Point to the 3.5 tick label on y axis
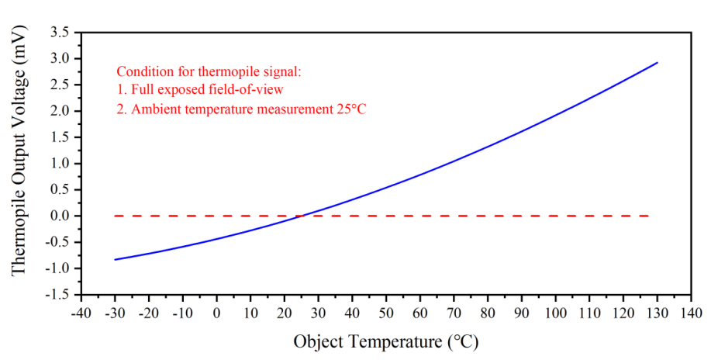[x=59, y=33]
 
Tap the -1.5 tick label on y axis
[x=57, y=295]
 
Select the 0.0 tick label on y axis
[x=59, y=216]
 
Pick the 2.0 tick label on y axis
[x=59, y=111]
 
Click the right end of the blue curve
[x=658, y=63]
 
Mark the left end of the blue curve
[x=115, y=259]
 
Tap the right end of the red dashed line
[x=648, y=216]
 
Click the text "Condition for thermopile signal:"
[x=208, y=71]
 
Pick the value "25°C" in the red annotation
[x=350, y=109]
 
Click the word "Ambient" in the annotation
[x=155, y=109]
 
